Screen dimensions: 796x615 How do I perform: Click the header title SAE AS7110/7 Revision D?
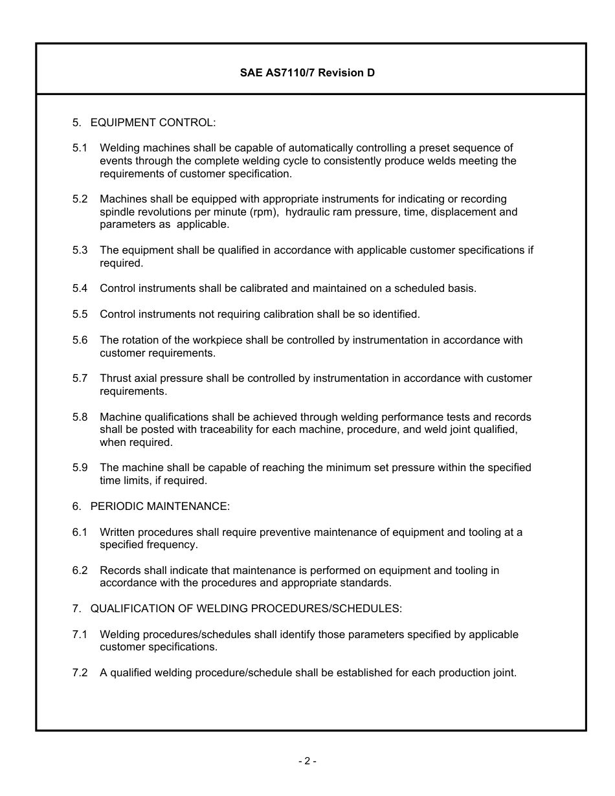[307, 73]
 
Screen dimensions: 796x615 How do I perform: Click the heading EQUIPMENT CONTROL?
[153, 122]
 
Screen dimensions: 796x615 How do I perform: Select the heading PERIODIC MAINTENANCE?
[160, 506]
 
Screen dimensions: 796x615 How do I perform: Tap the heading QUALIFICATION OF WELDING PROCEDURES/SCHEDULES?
[246, 608]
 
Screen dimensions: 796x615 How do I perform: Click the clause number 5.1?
[80, 148]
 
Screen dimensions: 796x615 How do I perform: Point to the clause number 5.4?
[80, 289]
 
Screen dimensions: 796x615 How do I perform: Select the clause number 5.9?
[80, 467]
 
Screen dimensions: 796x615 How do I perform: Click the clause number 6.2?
[80, 570]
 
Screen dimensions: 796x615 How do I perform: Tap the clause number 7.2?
[80, 672]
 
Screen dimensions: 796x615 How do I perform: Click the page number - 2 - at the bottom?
[307, 762]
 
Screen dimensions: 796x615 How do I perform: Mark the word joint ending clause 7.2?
[504, 672]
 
